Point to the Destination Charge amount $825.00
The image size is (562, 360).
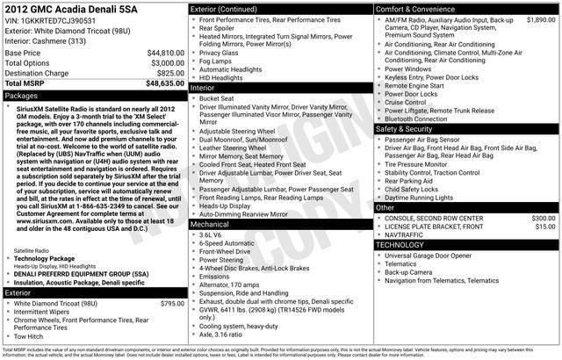(x=166, y=74)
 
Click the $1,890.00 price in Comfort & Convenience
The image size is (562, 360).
(x=535, y=18)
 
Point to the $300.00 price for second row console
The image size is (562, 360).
(x=537, y=217)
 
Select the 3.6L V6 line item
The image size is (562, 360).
(x=212, y=235)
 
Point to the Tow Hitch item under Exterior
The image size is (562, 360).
(x=30, y=336)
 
